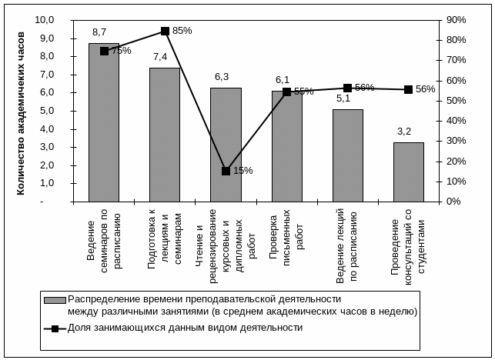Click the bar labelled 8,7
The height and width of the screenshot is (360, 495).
point(104,122)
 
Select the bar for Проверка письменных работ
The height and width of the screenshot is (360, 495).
point(287,146)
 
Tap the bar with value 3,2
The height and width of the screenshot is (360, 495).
point(409,172)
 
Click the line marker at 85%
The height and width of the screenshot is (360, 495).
point(165,31)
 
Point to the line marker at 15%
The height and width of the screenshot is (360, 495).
point(226,171)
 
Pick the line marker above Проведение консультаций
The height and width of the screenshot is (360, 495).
point(408,89)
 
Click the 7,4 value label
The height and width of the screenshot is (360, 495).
point(160,57)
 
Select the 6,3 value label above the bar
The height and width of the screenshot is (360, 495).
point(222,77)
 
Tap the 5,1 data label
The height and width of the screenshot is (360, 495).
point(343,98)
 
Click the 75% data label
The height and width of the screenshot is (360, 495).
point(120,51)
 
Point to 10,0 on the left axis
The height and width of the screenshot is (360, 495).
point(45,20)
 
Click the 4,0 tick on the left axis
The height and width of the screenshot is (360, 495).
point(47,129)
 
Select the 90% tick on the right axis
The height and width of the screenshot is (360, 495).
point(457,20)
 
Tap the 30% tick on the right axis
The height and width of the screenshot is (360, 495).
point(457,141)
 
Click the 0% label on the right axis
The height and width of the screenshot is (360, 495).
point(453,202)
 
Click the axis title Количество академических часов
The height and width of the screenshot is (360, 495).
point(20,114)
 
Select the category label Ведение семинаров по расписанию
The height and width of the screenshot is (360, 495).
point(104,241)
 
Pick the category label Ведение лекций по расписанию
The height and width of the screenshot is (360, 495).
point(346,245)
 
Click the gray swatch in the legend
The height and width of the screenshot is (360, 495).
point(55,300)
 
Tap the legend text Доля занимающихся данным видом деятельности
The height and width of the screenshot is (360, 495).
point(186,328)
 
